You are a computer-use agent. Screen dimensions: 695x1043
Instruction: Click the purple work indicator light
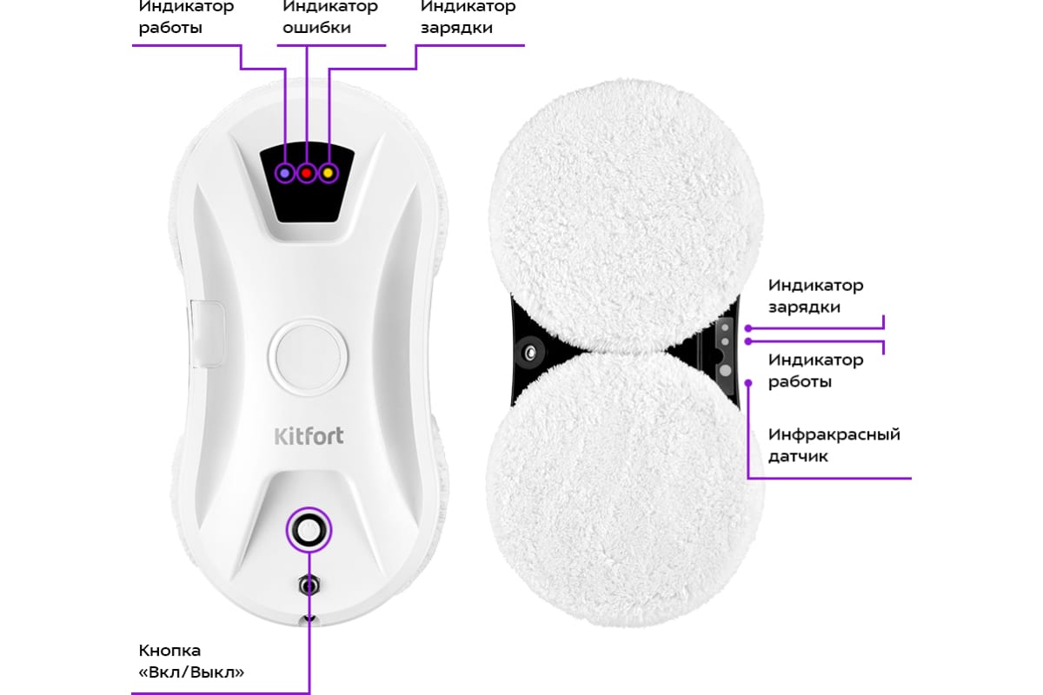[x=285, y=173]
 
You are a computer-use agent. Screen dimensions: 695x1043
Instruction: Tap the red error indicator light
[x=307, y=173]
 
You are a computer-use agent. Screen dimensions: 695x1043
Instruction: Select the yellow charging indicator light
[x=329, y=173]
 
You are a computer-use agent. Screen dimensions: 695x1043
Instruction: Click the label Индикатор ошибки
[x=330, y=17]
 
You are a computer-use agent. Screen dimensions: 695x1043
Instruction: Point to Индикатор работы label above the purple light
[x=186, y=17]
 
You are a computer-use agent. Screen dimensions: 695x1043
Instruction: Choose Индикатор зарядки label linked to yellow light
[x=468, y=17]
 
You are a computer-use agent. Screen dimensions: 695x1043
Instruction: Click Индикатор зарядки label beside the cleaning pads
[x=815, y=296]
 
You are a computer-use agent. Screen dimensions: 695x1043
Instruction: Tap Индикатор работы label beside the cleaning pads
[x=815, y=371]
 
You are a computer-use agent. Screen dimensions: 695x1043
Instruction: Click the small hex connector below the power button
[x=307, y=585]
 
